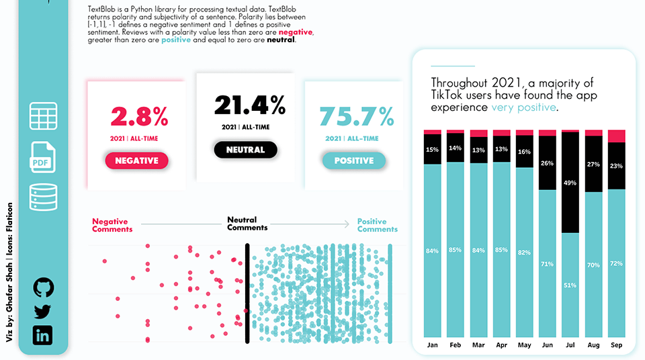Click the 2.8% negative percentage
[140, 117]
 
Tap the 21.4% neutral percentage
[250, 105]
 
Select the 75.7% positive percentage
[356, 117]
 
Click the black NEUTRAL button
[245, 150]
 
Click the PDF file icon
[43, 157]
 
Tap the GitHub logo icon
[43, 288]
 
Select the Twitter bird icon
[43, 312]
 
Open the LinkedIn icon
[43, 334]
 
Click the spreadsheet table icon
[43, 116]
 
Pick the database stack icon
[43, 197]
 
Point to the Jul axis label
[570, 346]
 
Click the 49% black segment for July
[570, 182]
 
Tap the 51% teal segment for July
[570, 285]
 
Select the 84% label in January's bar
[432, 251]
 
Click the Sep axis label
[616, 346]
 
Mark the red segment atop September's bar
[616, 136]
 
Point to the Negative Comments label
[112, 225]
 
